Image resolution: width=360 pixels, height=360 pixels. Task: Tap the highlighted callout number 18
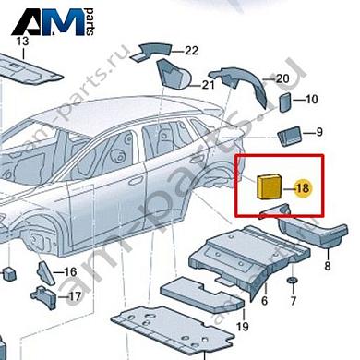tap(304, 189)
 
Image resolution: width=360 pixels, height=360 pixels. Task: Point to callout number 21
tap(209, 86)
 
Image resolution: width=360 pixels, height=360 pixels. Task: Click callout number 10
tap(311, 99)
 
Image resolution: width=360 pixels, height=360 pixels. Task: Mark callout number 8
tap(326, 266)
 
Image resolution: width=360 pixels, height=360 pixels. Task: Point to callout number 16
tap(70, 272)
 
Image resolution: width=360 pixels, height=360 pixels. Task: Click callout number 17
tap(75, 296)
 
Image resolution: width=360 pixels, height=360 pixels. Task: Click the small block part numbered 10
tap(285, 100)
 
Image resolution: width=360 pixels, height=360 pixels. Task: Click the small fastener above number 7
tap(293, 280)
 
